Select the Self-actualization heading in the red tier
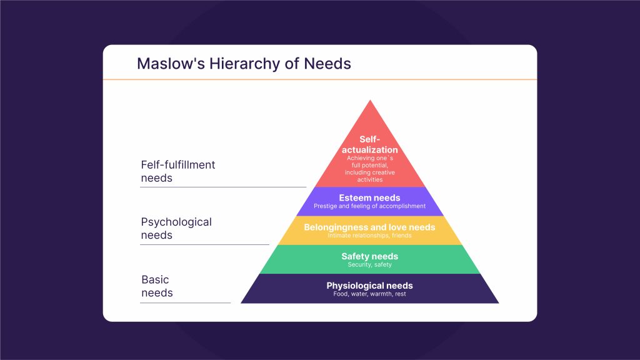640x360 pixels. (x=370, y=144)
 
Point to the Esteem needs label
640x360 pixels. (x=370, y=198)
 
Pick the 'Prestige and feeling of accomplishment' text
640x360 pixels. (x=370, y=206)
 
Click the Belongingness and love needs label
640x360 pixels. (x=370, y=227)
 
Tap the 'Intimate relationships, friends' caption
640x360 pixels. (x=370, y=236)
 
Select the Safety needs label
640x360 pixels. (x=370, y=256)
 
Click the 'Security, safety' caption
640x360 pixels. (x=370, y=265)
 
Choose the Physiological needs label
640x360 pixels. (x=370, y=286)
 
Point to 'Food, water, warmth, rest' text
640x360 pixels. (x=370, y=294)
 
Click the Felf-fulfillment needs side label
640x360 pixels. (x=178, y=171)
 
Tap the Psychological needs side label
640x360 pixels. (x=176, y=228)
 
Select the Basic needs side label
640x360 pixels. (x=157, y=286)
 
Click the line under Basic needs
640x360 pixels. (x=186, y=302)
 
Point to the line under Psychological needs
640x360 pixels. (x=205, y=244)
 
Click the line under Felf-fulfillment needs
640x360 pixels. (x=223, y=187)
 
